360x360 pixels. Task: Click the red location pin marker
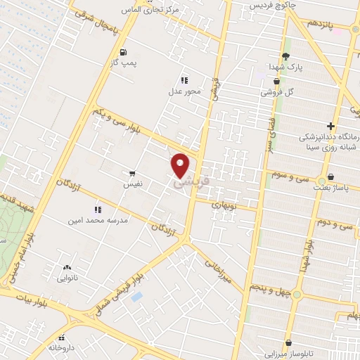[181, 165]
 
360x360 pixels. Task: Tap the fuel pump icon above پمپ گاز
[124, 52]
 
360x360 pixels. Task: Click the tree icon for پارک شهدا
[285, 56]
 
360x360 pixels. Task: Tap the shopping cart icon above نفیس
[132, 173]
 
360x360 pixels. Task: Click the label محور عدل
[185, 91]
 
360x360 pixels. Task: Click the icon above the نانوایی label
[67, 267]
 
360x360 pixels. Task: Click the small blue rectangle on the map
[136, 297]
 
